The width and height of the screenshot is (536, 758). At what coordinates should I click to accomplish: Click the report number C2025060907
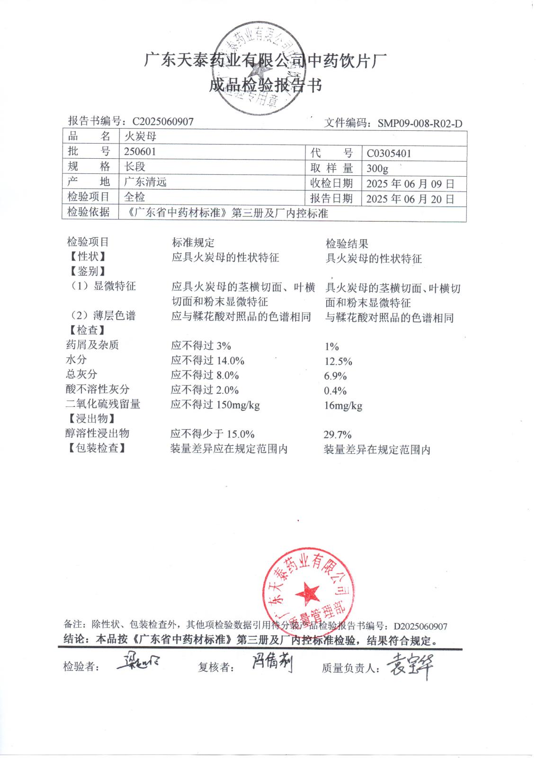(163, 122)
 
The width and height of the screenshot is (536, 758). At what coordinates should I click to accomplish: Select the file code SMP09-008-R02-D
(420, 124)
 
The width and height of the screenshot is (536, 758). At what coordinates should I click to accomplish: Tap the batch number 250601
(140, 152)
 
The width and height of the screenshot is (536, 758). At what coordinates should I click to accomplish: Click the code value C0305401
(389, 153)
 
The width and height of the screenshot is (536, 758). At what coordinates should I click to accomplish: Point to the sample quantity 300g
(377, 168)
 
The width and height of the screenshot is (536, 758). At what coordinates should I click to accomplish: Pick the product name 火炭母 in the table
(140, 137)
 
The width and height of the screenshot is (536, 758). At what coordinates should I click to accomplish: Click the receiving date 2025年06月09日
(410, 184)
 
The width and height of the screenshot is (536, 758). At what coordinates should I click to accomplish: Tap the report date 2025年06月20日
(410, 199)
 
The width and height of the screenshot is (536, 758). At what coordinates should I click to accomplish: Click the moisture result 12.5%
(338, 361)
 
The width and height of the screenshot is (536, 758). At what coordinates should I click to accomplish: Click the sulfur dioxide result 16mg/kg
(343, 406)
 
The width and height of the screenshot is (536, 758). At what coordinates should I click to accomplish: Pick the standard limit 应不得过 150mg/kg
(215, 405)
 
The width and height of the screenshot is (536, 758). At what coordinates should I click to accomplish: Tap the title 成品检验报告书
(265, 86)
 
